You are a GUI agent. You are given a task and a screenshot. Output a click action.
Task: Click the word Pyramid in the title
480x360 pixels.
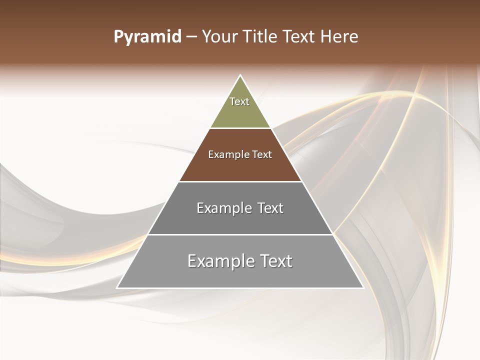pyautogui.click(x=147, y=37)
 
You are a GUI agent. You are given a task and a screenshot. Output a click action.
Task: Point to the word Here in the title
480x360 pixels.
pyautogui.click(x=339, y=37)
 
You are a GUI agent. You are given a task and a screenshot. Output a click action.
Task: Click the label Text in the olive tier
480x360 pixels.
pyautogui.click(x=239, y=101)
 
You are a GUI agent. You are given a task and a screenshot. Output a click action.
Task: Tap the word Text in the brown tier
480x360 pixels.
pyautogui.click(x=262, y=154)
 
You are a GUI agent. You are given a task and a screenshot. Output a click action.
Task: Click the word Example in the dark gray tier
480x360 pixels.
pyautogui.click(x=222, y=208)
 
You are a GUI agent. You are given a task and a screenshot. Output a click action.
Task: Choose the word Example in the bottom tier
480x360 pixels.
pyautogui.click(x=216, y=261)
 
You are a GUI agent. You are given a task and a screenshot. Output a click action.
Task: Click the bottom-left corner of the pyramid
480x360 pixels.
pyautogui.click(x=117, y=288)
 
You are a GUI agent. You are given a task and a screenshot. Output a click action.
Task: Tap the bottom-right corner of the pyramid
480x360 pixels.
pyautogui.click(x=363, y=288)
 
